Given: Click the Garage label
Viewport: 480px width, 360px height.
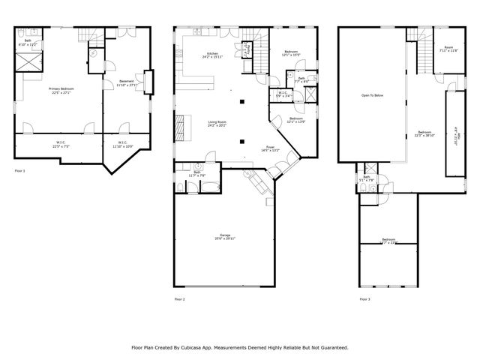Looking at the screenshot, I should click(223, 236).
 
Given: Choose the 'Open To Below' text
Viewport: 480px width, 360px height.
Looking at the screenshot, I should click(373, 95).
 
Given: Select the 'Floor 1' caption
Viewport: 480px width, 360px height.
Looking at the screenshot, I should click(20, 171).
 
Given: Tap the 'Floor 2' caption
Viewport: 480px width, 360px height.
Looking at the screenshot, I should click(179, 299).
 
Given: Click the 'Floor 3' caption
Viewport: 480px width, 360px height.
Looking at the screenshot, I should click(364, 299).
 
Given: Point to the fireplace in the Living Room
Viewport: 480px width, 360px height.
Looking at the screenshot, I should click(179, 124).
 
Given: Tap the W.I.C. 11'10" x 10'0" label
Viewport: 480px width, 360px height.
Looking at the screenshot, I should click(122, 144).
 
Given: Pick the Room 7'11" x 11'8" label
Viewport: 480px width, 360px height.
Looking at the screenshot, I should click(448, 49).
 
